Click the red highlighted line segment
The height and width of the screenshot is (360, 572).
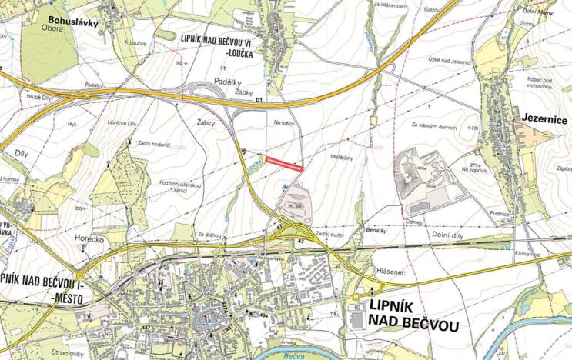tap(283, 163)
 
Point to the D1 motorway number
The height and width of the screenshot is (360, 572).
tap(259, 100)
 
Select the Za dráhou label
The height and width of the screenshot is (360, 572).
tap(209, 233)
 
